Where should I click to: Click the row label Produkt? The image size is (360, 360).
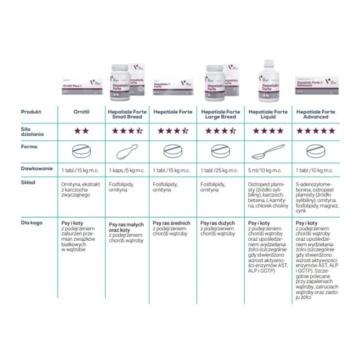[x=31, y=112]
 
